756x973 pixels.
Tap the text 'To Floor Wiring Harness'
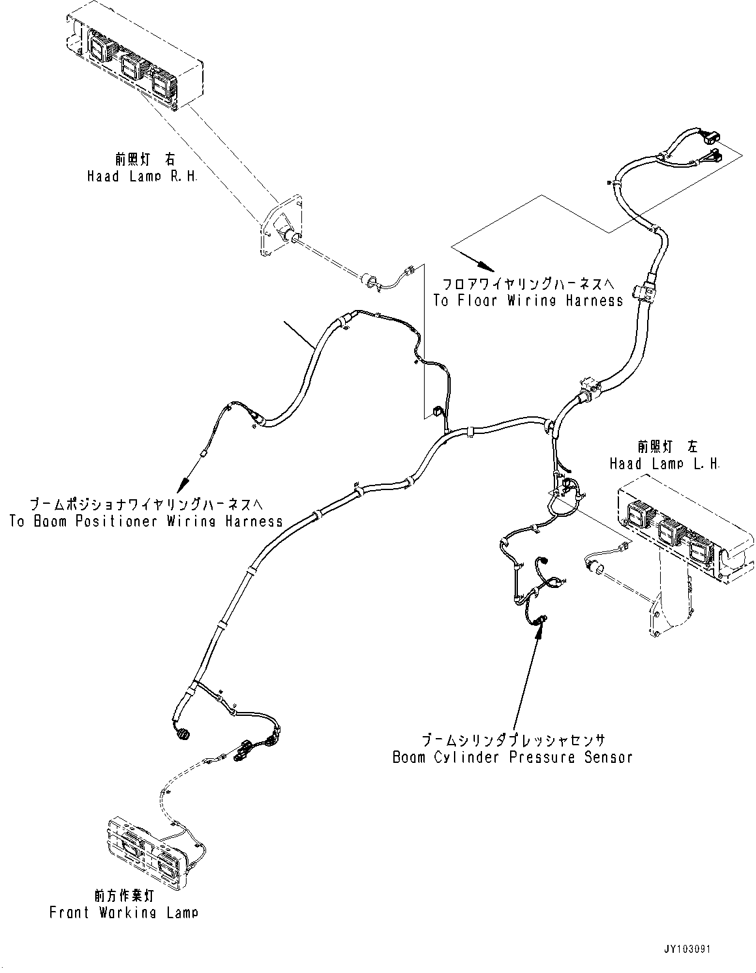pos(528,301)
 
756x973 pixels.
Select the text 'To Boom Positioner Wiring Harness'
pos(146,521)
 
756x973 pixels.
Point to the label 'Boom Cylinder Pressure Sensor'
pos(513,758)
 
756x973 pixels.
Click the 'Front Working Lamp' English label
pos(123,913)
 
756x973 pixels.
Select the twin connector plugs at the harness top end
pos(713,146)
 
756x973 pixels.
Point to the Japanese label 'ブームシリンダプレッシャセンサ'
pos(513,741)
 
